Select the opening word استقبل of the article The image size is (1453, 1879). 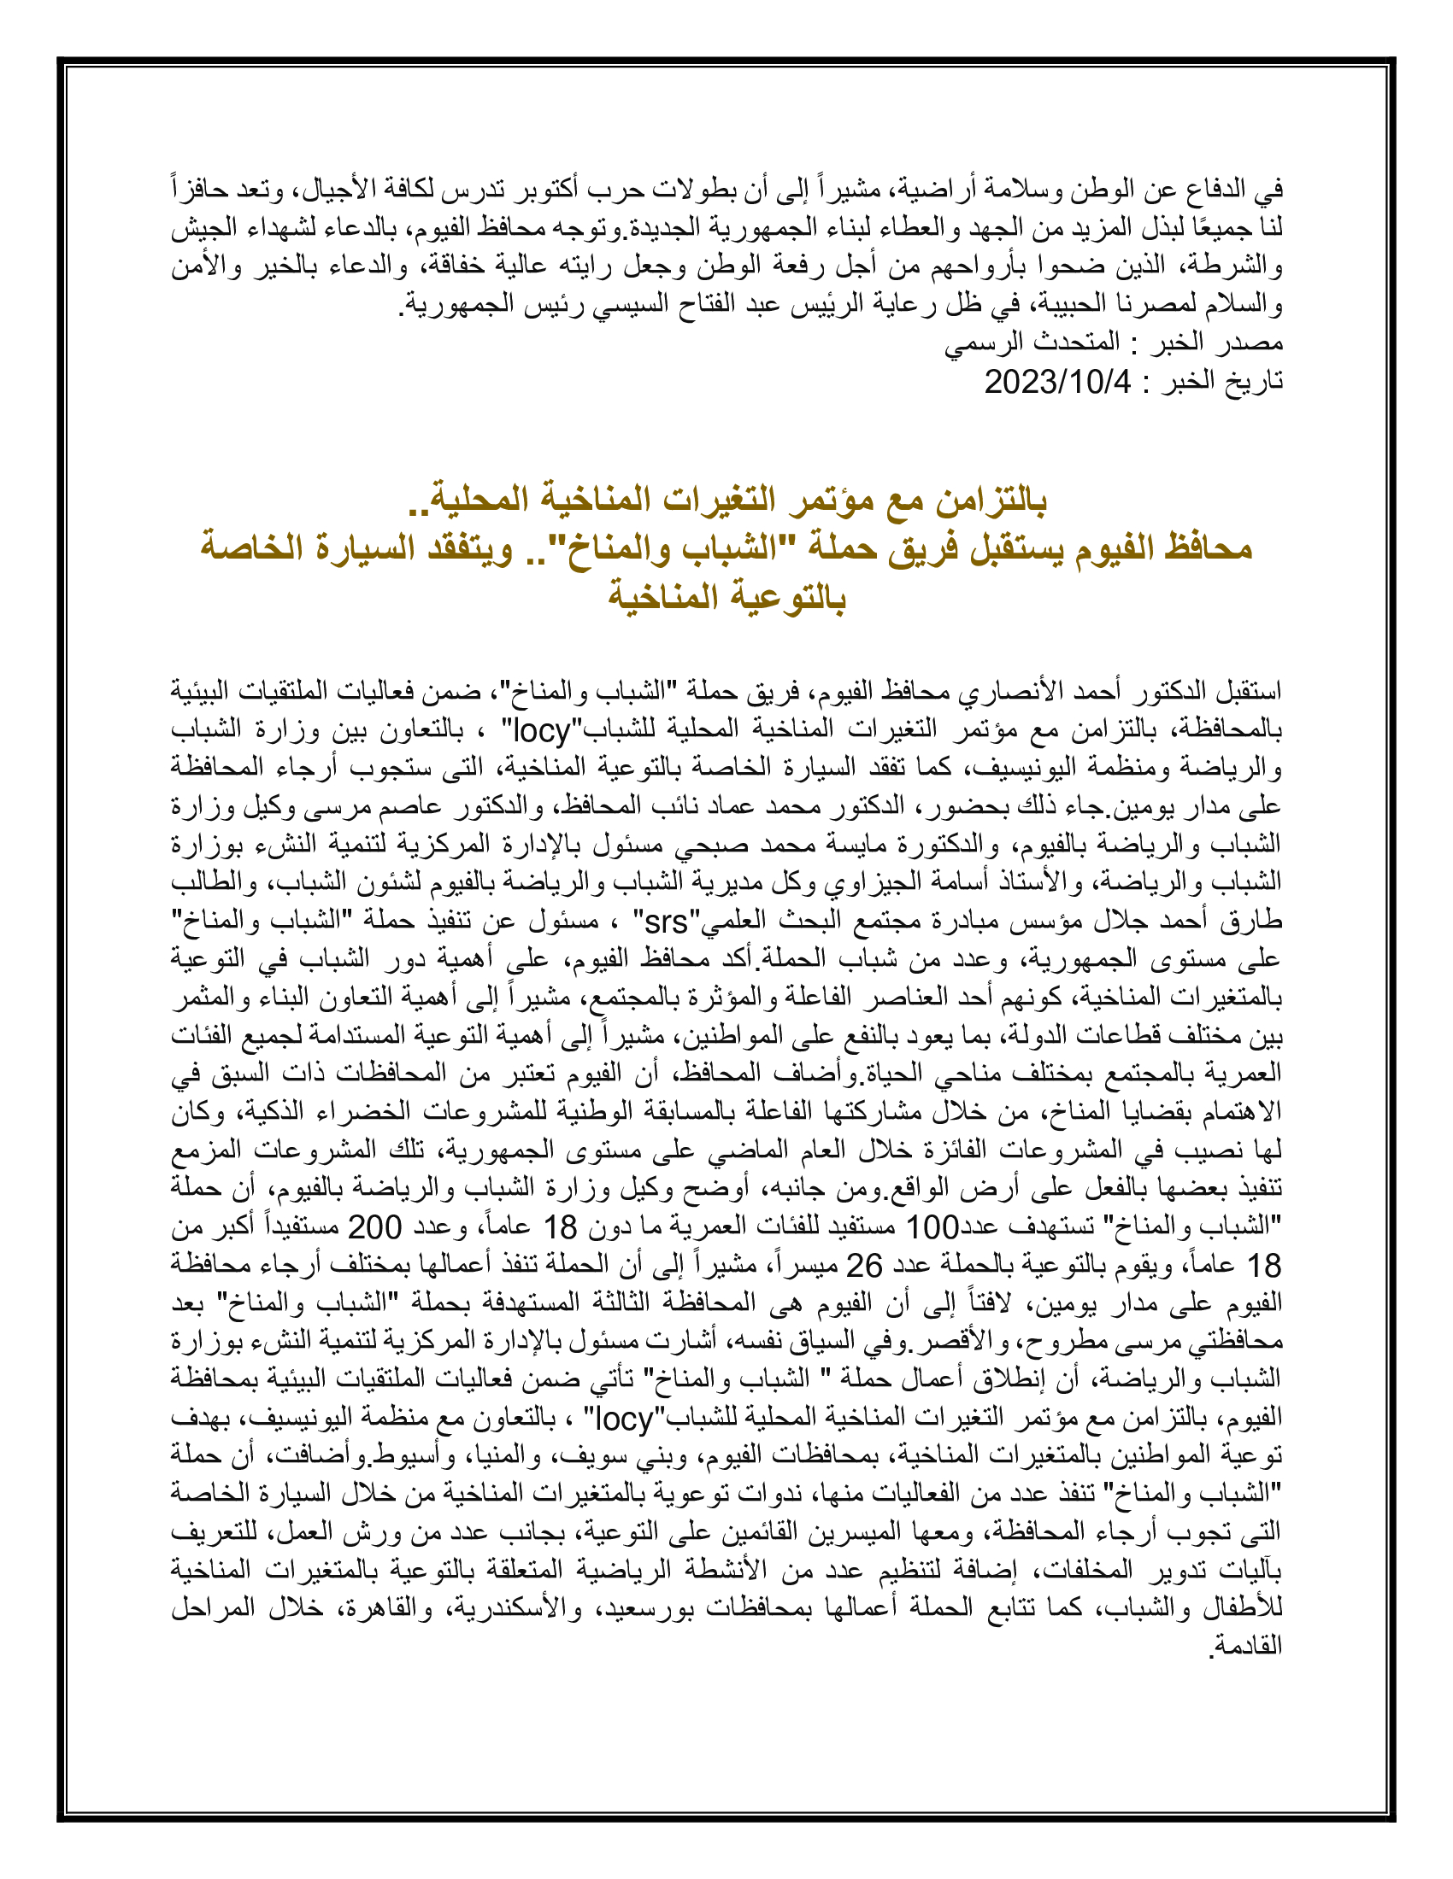[x=1248, y=691]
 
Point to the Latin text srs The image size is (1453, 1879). [x=664, y=922]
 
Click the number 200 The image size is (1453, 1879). [x=374, y=1228]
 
